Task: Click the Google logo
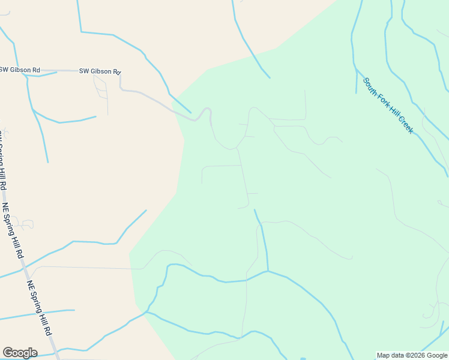coord(20,353)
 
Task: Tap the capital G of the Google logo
coord(8,353)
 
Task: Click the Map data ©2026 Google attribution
coord(412,355)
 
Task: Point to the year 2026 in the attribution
coord(417,355)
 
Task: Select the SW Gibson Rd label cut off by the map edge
coord(19,70)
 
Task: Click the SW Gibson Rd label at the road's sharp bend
coord(100,71)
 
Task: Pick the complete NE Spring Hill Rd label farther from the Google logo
coord(14,231)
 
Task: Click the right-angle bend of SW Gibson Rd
coord(121,88)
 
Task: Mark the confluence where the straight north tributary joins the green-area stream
coord(268,271)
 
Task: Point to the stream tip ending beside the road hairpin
coord(191,112)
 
